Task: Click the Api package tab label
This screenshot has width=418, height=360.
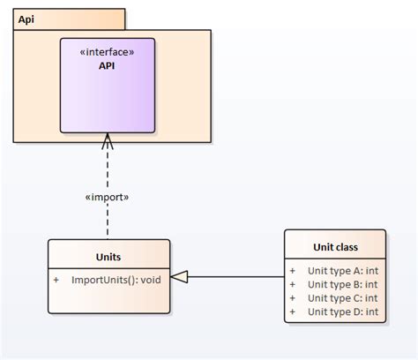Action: point(26,19)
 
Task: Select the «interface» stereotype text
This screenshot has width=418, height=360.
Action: point(107,51)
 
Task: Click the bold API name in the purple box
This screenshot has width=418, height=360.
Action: point(107,65)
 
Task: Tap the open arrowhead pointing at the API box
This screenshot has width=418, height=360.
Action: point(108,141)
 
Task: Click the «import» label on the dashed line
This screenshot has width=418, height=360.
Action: point(107,197)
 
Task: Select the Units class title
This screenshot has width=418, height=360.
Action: point(108,258)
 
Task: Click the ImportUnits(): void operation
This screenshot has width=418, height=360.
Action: point(116,280)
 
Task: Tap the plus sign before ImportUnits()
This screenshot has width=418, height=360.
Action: point(56,280)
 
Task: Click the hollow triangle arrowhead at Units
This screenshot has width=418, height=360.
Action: point(179,277)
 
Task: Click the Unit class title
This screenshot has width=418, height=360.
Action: point(335,247)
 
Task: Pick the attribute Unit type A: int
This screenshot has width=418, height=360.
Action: point(342,271)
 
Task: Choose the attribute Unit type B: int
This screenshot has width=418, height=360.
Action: point(342,284)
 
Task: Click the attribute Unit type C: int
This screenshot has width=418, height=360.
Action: point(342,298)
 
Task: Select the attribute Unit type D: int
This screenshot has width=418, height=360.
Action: point(342,311)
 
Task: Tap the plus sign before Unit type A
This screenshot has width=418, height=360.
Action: point(293,271)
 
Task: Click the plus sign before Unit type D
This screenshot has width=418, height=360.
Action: point(293,311)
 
